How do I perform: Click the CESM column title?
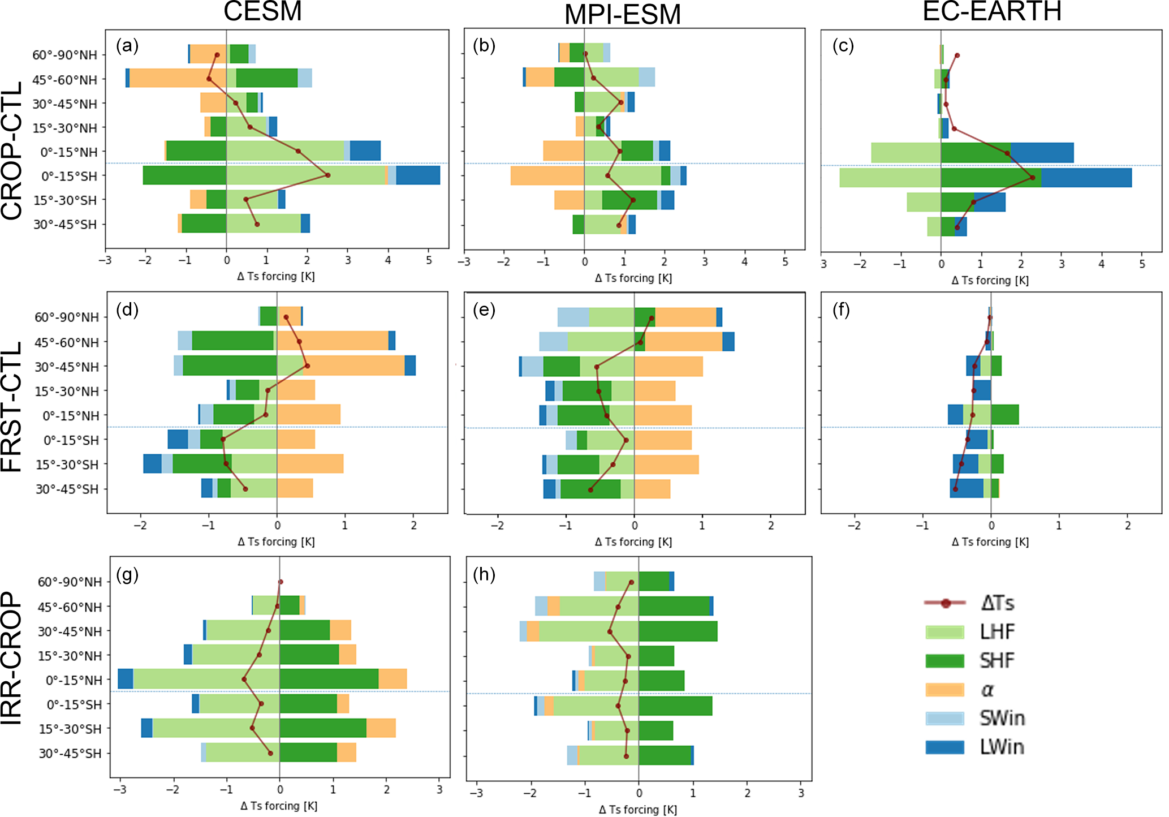[262, 11]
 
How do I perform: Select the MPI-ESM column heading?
[622, 15]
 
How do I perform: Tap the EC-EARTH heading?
[991, 11]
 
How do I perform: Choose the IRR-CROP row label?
[12, 658]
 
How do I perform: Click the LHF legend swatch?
[944, 632]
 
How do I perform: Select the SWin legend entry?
[1002, 719]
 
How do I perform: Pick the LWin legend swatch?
[944, 747]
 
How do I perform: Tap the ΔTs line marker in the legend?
[945, 603]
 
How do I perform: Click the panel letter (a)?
[127, 45]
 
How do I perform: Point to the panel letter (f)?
[841, 309]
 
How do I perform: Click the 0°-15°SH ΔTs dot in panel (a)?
[328, 175]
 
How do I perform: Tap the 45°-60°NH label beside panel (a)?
[64, 80]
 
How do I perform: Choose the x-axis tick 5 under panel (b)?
[785, 262]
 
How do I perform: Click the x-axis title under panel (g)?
[279, 806]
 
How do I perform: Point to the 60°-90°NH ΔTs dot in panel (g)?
[281, 582]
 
